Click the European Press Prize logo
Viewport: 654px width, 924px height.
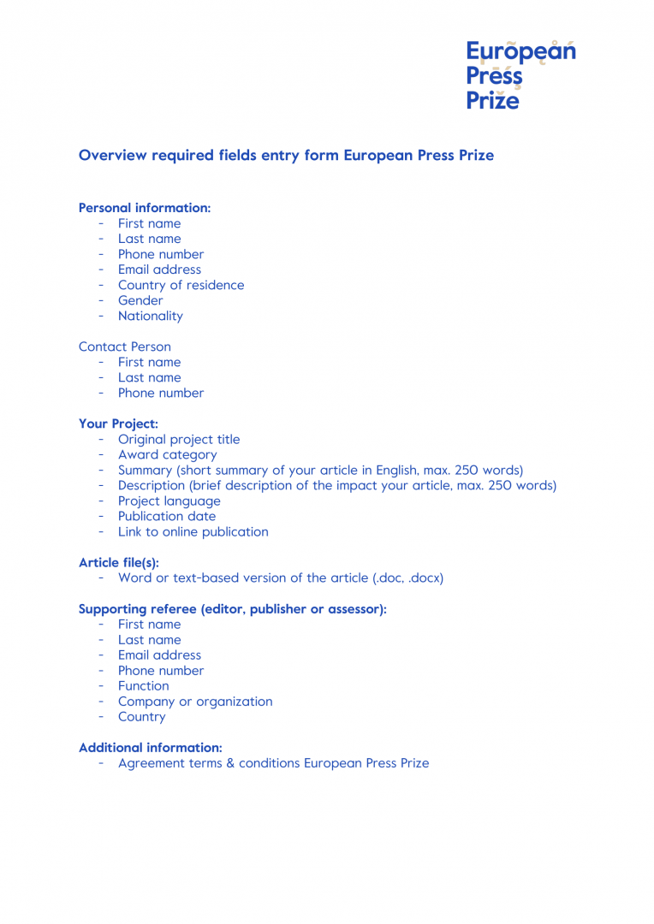(520, 75)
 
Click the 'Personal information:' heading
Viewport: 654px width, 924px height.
(144, 208)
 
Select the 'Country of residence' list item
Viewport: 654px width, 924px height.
(181, 285)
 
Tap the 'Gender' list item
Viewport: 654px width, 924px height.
(140, 300)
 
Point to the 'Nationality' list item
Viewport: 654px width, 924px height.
(150, 316)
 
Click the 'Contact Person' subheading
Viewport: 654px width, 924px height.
(124, 346)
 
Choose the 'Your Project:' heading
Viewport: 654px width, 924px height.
(118, 423)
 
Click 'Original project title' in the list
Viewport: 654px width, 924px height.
(179, 439)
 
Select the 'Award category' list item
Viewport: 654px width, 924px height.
(167, 454)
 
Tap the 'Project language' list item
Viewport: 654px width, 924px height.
(169, 500)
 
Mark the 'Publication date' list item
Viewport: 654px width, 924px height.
(167, 516)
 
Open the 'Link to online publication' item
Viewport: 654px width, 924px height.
(193, 531)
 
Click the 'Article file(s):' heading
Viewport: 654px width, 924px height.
(118, 562)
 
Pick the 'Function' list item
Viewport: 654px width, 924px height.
(143, 685)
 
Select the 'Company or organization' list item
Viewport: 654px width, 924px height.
(195, 701)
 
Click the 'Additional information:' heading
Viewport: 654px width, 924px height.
(150, 747)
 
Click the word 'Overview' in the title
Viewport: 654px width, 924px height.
(112, 156)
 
